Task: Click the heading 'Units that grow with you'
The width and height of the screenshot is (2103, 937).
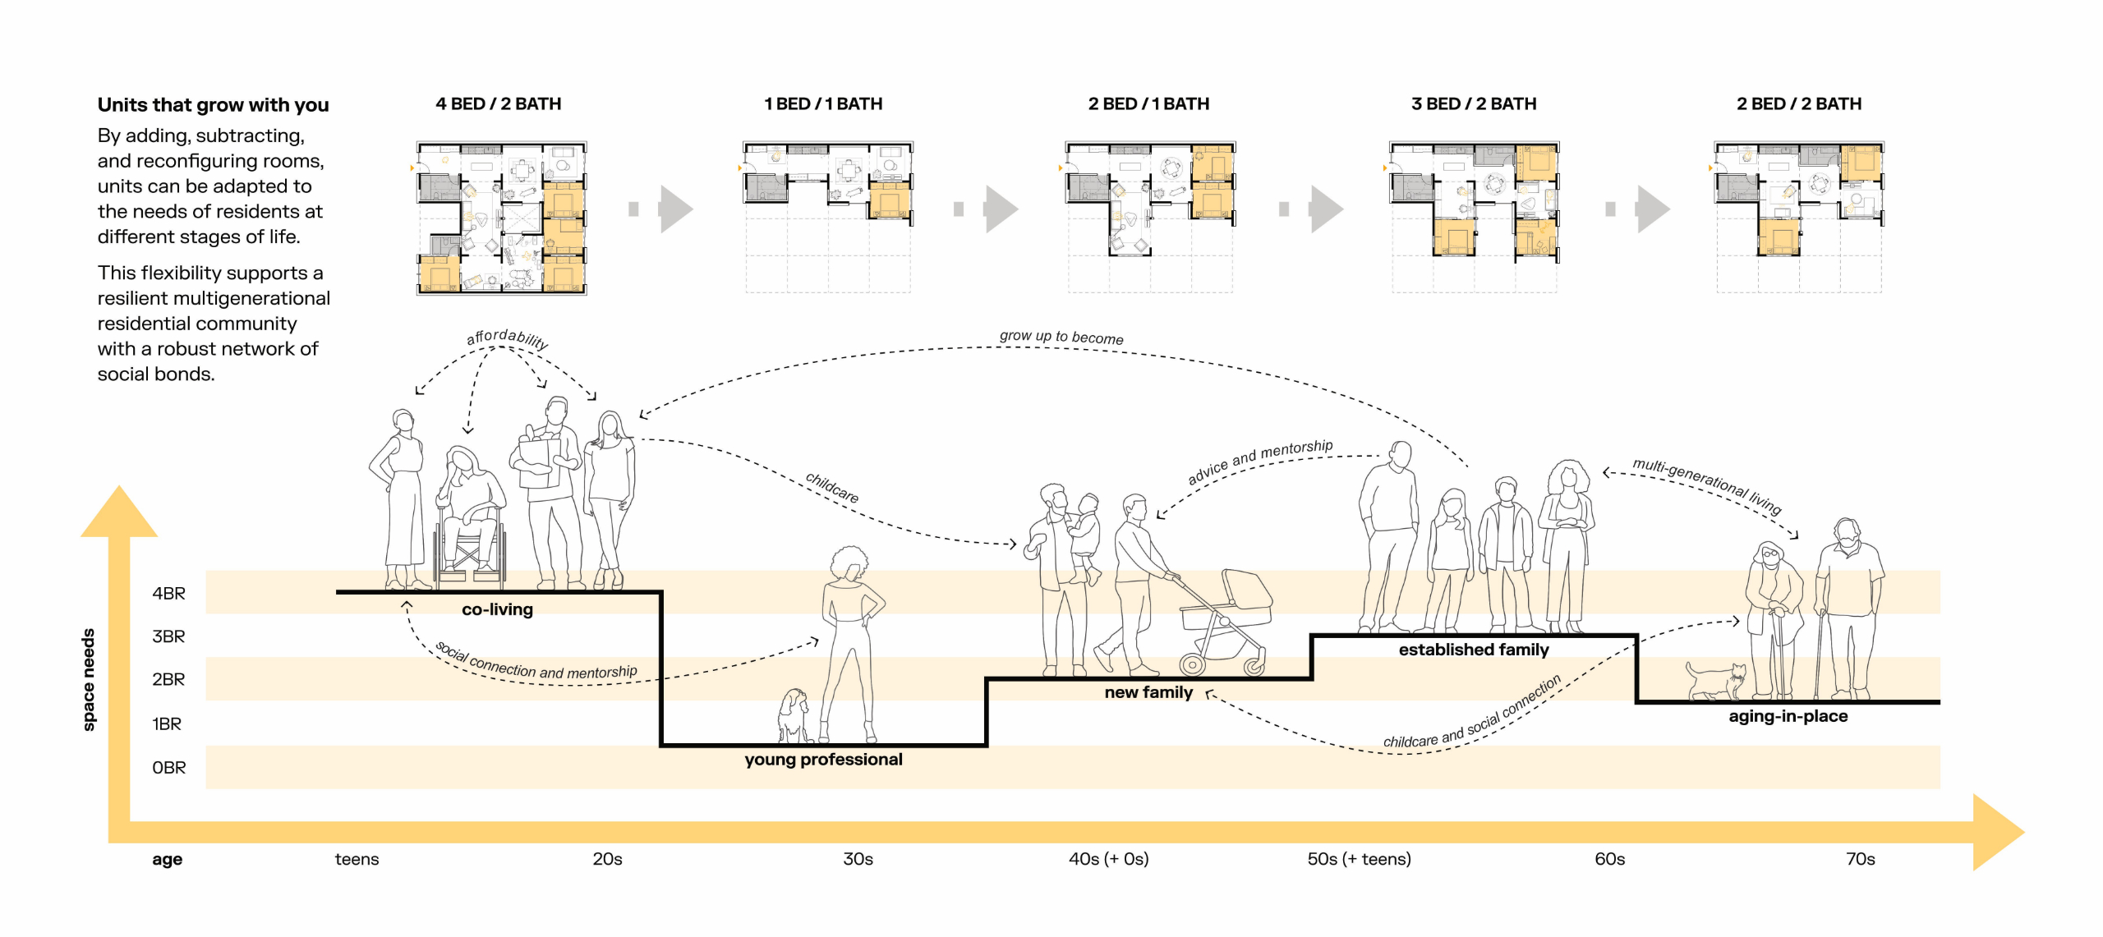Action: [213, 105]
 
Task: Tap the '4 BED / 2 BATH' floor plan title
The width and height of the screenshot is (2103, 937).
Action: [498, 104]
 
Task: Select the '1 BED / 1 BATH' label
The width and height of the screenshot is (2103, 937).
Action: [823, 104]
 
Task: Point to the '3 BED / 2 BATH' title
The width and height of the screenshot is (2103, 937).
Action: [1474, 104]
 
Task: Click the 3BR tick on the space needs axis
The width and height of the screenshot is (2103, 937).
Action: [168, 636]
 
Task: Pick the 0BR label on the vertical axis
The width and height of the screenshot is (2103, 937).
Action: [168, 768]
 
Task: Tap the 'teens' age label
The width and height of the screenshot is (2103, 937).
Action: [357, 859]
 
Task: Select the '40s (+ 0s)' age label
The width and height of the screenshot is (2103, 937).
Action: [1108, 859]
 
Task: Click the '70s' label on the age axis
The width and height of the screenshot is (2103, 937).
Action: [1860, 859]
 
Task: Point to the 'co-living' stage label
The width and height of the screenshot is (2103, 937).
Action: [497, 609]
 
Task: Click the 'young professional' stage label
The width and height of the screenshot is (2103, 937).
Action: [823, 760]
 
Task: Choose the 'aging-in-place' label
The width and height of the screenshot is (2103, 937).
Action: [1788, 716]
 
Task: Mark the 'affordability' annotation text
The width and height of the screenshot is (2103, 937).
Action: [507, 338]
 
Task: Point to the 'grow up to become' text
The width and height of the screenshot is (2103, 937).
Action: [1061, 337]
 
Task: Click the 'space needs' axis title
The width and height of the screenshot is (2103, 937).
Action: [89, 679]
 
